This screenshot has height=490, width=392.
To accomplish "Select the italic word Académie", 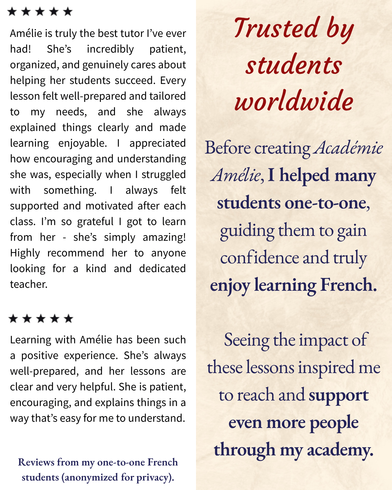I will pyautogui.click(x=348, y=148).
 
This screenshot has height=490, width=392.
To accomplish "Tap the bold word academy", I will pyautogui.click(x=340, y=450).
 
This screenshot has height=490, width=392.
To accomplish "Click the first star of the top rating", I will pyautogui.click(x=12, y=12).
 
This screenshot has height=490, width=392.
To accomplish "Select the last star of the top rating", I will pyautogui.click(x=68, y=12).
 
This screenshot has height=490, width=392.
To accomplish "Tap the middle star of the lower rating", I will pyautogui.click(x=41, y=318).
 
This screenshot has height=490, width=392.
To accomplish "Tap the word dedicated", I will pyautogui.click(x=162, y=269).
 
